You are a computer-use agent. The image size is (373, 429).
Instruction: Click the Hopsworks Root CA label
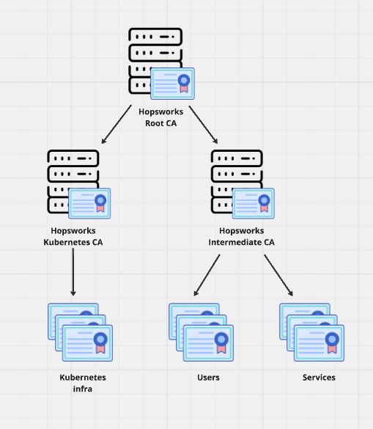click(161, 117)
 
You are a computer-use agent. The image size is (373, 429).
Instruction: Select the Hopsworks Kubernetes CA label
click(73, 236)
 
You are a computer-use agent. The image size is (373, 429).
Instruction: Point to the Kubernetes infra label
click(83, 383)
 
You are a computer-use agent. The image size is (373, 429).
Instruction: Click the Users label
click(208, 378)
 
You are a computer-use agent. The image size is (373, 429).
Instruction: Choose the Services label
click(319, 378)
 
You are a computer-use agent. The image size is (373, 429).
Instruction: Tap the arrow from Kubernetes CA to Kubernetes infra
click(73, 271)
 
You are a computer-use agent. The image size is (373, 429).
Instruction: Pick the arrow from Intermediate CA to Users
click(207, 275)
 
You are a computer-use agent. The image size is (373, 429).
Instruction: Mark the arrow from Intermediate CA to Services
click(278, 275)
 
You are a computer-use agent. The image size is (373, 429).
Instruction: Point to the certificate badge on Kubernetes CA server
click(89, 203)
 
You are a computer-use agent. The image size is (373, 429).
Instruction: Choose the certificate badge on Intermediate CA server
click(253, 203)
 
